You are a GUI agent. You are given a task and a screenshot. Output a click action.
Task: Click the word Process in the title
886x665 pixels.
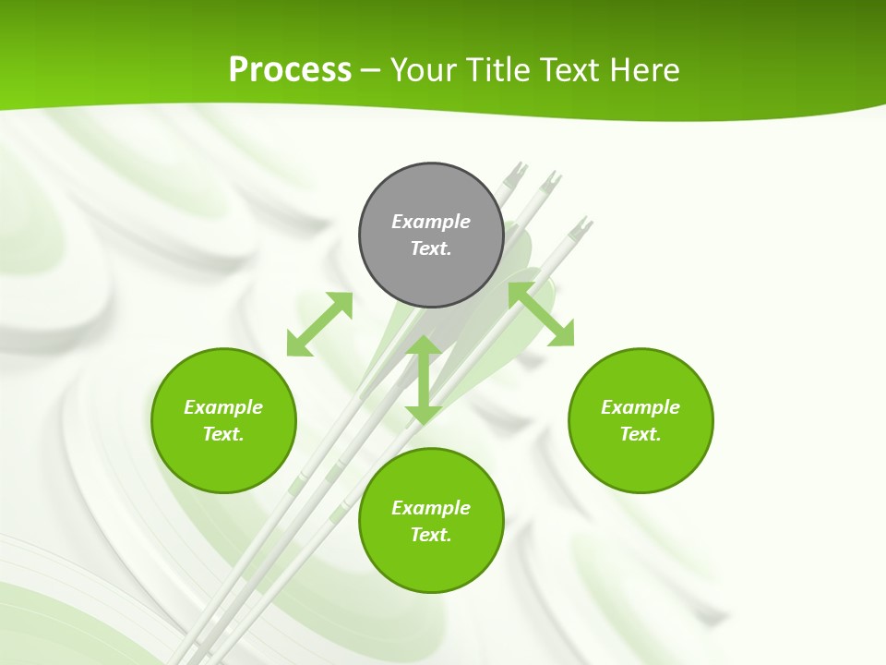click(290, 70)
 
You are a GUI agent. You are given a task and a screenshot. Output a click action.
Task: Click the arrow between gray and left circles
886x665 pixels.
click(319, 324)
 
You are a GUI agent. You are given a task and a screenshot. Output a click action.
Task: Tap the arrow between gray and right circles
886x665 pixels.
click(541, 314)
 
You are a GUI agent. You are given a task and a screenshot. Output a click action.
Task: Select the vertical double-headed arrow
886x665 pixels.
click(424, 380)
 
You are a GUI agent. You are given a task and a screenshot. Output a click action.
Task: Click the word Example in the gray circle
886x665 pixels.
click(431, 222)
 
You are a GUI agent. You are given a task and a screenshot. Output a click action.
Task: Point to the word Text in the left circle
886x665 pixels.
click(223, 434)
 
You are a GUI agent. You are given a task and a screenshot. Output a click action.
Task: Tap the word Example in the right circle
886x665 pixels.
click(641, 407)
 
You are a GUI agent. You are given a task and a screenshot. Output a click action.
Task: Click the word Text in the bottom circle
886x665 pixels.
click(431, 535)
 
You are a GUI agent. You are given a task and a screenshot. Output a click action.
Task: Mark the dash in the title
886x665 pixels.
click(370, 71)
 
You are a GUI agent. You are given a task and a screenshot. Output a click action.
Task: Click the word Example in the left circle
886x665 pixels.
click(223, 407)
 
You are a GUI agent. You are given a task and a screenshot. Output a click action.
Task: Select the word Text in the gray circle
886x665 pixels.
click(431, 248)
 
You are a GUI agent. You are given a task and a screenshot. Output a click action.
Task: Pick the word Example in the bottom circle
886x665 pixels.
click(431, 508)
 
